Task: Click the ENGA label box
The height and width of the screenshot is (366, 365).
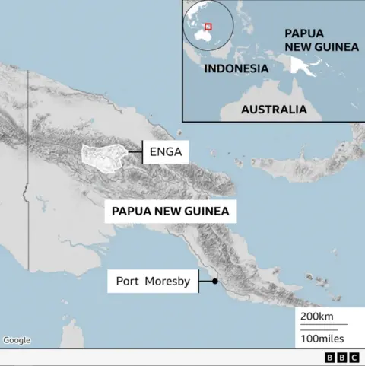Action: [x=165, y=152]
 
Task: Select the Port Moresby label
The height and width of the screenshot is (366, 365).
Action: [x=151, y=281]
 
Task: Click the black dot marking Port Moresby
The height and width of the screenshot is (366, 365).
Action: [x=214, y=282]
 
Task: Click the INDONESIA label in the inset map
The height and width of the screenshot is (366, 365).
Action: [x=236, y=68]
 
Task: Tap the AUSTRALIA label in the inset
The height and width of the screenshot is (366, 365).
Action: [x=274, y=109]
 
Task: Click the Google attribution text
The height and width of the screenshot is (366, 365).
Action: [x=17, y=340]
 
